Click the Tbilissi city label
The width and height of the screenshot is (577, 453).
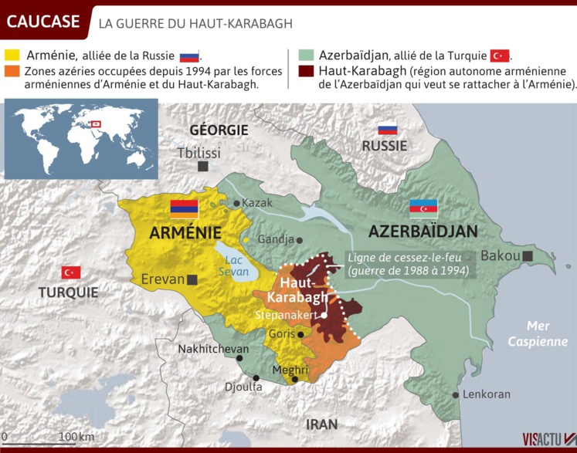199,153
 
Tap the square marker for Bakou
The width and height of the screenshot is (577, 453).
528,255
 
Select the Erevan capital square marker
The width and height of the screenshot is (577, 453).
192,279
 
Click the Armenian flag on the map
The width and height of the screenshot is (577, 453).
185,207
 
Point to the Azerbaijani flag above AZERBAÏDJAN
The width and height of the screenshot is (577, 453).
423,206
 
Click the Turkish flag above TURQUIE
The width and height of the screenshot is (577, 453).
71,272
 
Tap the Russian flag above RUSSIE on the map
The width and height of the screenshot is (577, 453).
387,129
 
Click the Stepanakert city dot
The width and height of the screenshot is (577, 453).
325,315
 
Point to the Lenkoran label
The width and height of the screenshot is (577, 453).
487,394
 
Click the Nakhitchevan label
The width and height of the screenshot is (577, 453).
213,349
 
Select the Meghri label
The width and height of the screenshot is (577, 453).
291,370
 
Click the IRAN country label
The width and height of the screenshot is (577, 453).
321,424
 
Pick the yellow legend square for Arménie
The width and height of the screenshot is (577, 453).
12,56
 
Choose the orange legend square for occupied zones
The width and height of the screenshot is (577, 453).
12,71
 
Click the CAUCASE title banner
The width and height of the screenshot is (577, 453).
43,22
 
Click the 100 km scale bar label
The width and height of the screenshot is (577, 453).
76,437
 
